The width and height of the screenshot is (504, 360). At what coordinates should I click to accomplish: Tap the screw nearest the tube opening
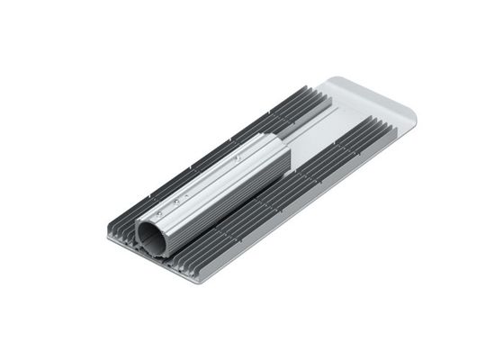click(x=159, y=214)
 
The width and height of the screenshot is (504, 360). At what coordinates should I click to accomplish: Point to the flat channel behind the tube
click(x=315, y=135)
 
